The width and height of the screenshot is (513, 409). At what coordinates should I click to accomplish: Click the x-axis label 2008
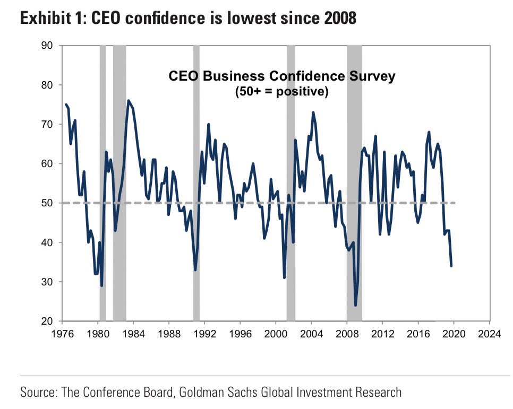(x=347, y=334)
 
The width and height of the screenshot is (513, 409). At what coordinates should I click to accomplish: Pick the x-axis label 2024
(x=489, y=334)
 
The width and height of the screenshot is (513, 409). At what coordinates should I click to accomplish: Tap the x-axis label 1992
(x=204, y=334)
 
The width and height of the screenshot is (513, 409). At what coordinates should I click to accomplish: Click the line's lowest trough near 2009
(x=355, y=306)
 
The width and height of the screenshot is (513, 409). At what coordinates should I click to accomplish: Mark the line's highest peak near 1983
(x=128, y=100)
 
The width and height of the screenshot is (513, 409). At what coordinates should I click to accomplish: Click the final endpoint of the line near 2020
(x=451, y=266)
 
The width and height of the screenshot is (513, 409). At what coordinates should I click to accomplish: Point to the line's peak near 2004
(x=313, y=112)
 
